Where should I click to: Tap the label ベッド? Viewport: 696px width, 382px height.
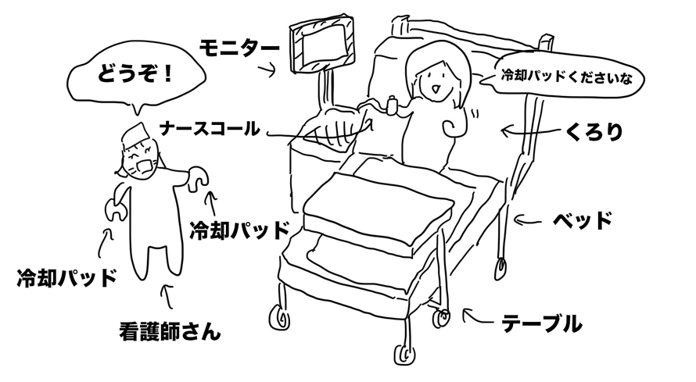tap(581, 221)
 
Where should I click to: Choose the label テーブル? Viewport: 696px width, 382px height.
tap(540, 320)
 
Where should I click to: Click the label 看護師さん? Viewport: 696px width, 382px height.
tap(165, 332)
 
